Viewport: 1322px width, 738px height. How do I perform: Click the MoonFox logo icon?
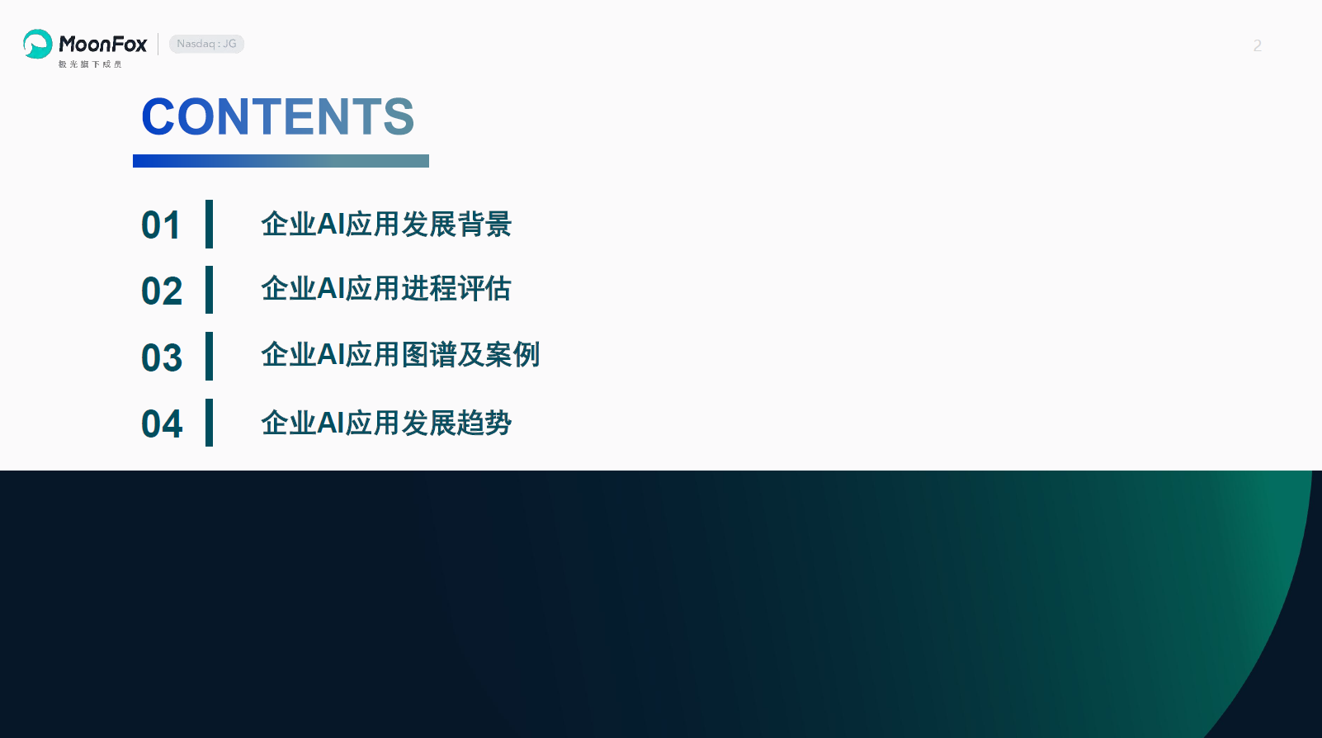(x=38, y=44)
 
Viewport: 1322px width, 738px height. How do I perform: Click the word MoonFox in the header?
(x=102, y=44)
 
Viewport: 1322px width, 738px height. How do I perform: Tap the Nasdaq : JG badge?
(x=206, y=44)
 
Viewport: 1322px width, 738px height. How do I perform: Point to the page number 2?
(x=1257, y=45)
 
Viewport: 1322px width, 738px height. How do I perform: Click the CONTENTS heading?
(x=278, y=116)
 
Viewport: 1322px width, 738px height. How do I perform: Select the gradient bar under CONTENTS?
(x=281, y=161)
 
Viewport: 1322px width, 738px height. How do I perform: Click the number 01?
(x=161, y=225)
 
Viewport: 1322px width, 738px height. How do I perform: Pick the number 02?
(x=162, y=291)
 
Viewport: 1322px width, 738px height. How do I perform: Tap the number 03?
(x=162, y=357)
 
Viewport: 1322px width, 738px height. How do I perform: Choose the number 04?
(x=162, y=423)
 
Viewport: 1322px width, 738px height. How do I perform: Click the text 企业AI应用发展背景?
(x=386, y=225)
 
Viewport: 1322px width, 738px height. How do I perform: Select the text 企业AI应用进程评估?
(x=386, y=289)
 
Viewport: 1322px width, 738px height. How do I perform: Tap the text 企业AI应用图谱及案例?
(x=401, y=355)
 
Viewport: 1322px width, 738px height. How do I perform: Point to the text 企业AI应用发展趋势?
(x=386, y=423)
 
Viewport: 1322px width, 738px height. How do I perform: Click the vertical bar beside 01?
(x=209, y=224)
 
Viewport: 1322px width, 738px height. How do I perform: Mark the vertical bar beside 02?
(x=209, y=289)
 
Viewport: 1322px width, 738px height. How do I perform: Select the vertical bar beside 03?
(x=209, y=356)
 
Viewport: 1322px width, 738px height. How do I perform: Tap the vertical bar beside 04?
(x=209, y=422)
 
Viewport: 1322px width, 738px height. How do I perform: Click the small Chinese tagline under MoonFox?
(x=90, y=64)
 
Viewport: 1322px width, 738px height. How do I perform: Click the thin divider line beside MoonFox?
(x=158, y=44)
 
